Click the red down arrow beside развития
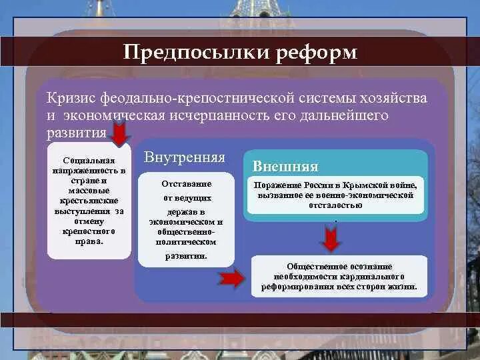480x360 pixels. coord(120,135)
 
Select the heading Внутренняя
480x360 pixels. coord(184,158)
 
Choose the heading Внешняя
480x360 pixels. coord(285,166)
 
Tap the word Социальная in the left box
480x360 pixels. coord(90,161)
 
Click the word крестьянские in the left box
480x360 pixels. coord(90,201)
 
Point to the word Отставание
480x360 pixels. coord(187,183)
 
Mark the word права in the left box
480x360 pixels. coord(89,241)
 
